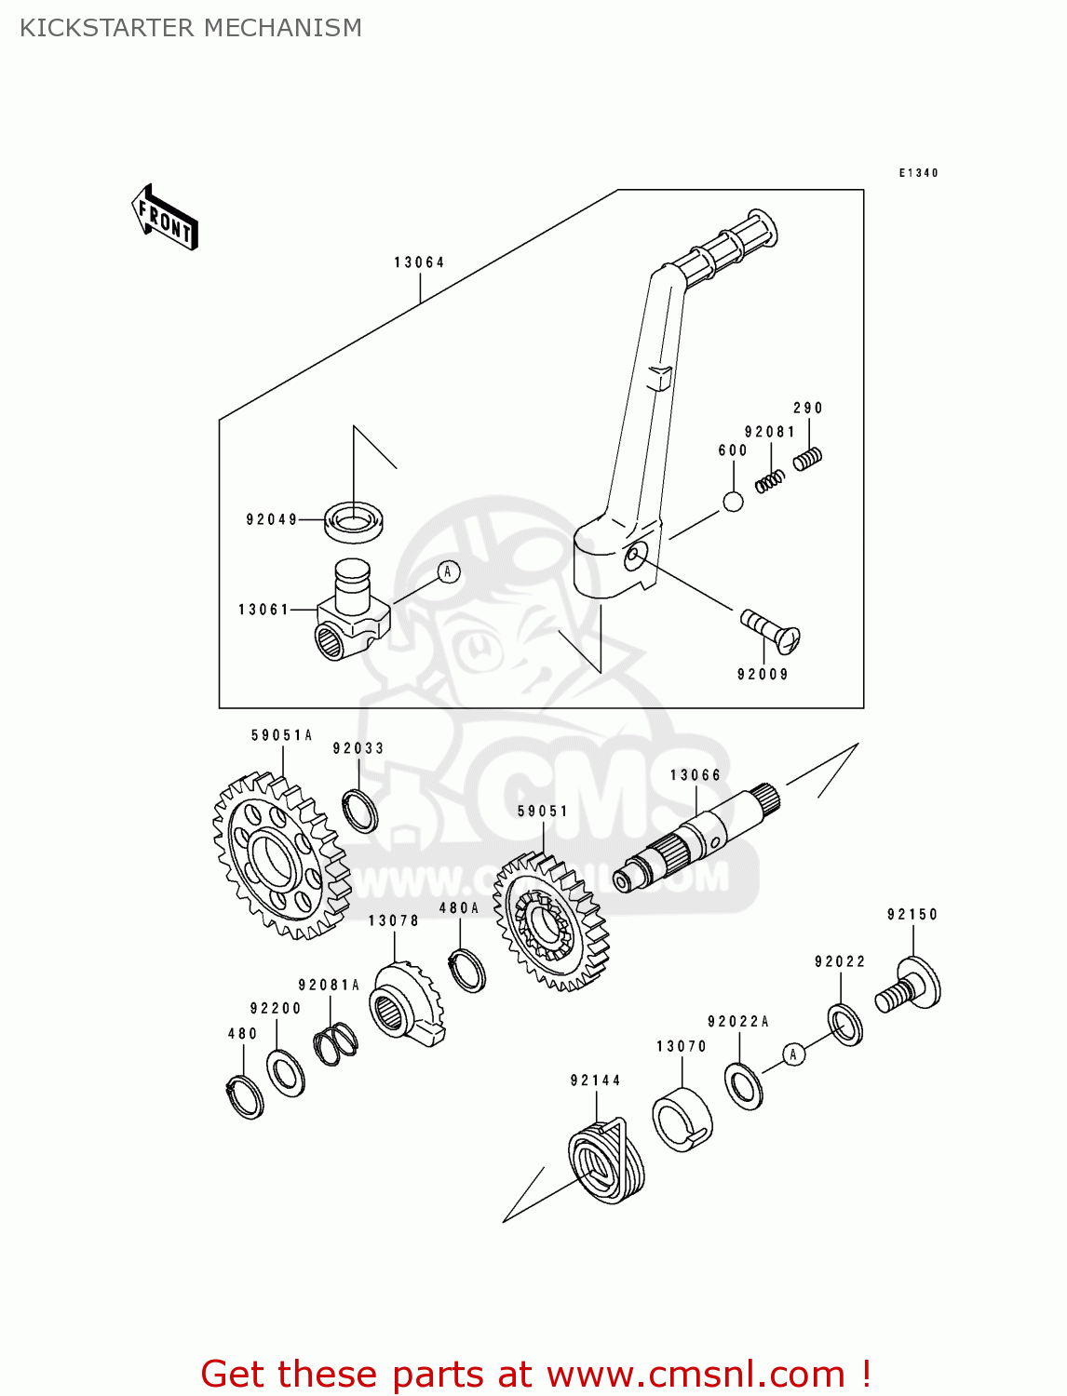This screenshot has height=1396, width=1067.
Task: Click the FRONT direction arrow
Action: [166, 218]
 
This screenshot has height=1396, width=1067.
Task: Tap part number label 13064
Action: [419, 262]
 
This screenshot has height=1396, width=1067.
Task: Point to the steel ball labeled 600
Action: [734, 502]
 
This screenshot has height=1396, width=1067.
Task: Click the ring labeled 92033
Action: [359, 811]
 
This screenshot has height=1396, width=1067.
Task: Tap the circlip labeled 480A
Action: [466, 970]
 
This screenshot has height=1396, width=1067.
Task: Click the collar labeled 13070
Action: [682, 1120]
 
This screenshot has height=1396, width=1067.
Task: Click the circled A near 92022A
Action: [793, 1054]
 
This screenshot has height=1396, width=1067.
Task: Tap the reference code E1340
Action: [918, 173]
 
